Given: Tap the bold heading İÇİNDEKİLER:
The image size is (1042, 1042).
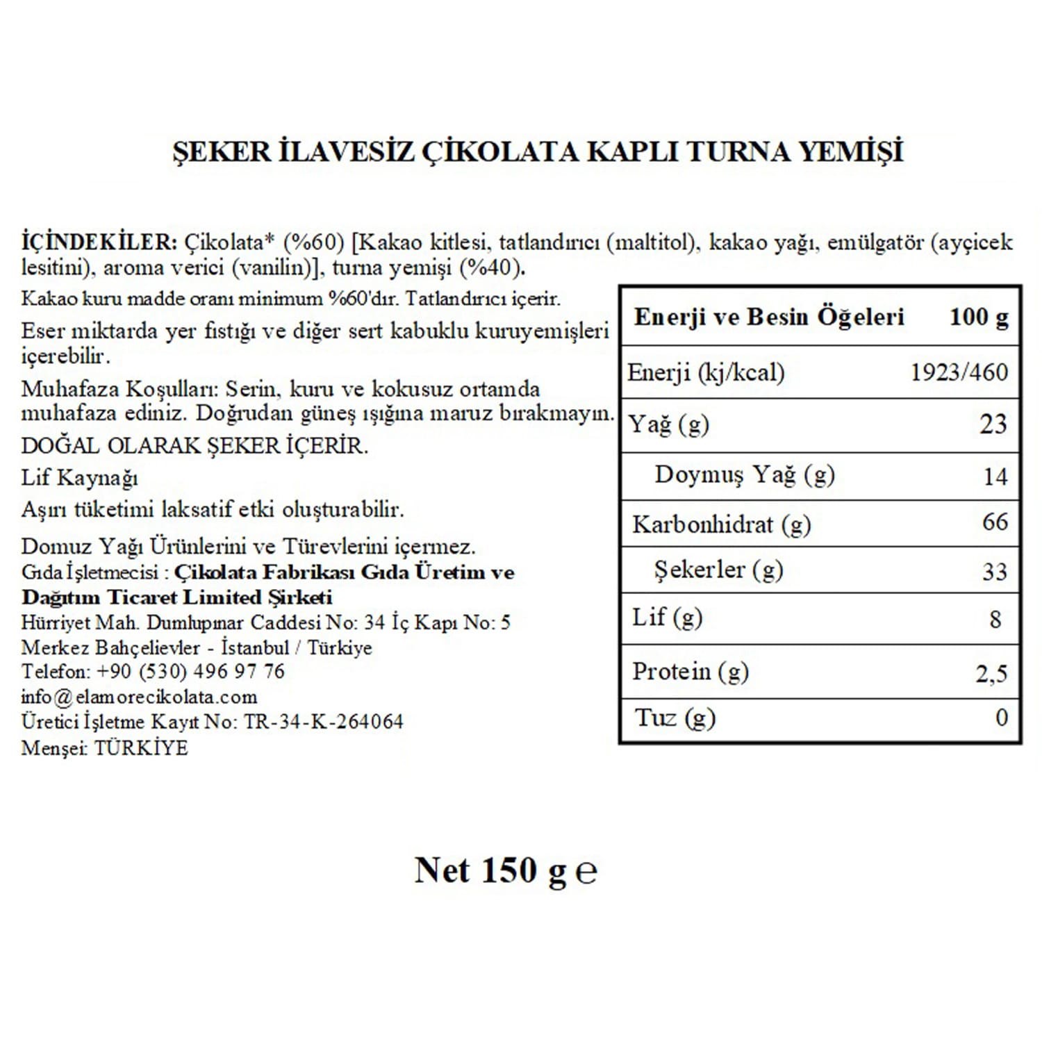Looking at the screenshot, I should coord(100,242).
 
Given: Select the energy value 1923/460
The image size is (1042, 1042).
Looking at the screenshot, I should coord(959,372).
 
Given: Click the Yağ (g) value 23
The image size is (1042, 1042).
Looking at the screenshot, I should coord(993,424).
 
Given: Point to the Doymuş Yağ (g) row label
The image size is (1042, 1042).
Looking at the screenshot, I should coord(744,475).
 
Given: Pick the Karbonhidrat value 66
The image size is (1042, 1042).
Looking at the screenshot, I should coord(995,522).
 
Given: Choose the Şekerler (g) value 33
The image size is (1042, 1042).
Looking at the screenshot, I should coord(995,571).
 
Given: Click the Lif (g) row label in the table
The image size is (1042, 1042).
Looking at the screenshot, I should coord(667,618).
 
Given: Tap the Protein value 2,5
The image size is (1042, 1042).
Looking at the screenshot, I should coord(991,673).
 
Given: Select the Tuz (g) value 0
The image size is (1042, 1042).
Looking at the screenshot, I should coord(1001,717).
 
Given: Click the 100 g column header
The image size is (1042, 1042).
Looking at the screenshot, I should coord(979,317).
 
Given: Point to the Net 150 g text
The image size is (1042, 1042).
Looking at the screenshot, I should coord(490,870).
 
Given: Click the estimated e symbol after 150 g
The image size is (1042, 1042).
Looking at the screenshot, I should coord(586,873).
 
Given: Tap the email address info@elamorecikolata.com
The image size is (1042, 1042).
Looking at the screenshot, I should coord(139,697).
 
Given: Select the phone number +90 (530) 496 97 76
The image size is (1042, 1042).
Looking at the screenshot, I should coord(190,672).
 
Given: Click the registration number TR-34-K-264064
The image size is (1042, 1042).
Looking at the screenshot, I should coord(323,722).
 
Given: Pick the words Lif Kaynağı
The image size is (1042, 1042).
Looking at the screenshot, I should coord(79,478).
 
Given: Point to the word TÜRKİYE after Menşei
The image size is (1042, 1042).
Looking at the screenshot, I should coord(141,748).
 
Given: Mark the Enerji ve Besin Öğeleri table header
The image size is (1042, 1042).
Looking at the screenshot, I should coord(769,317).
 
